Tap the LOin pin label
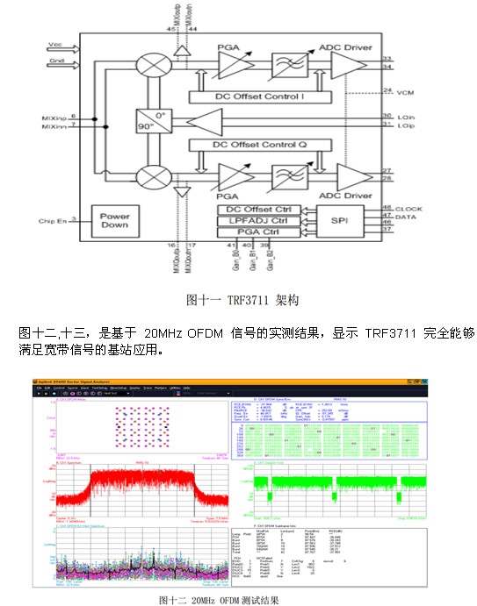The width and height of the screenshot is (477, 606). pos(406,117)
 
